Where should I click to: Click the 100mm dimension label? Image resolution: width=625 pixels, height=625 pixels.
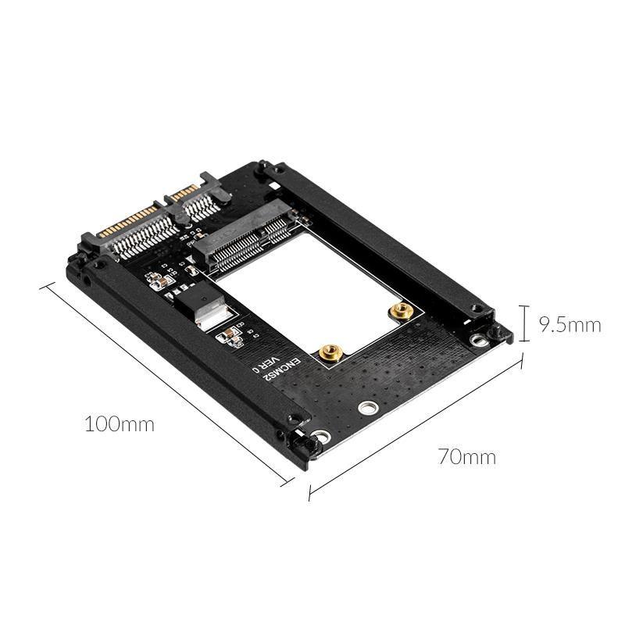(119, 425)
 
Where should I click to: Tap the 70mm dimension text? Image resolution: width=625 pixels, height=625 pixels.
(468, 456)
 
